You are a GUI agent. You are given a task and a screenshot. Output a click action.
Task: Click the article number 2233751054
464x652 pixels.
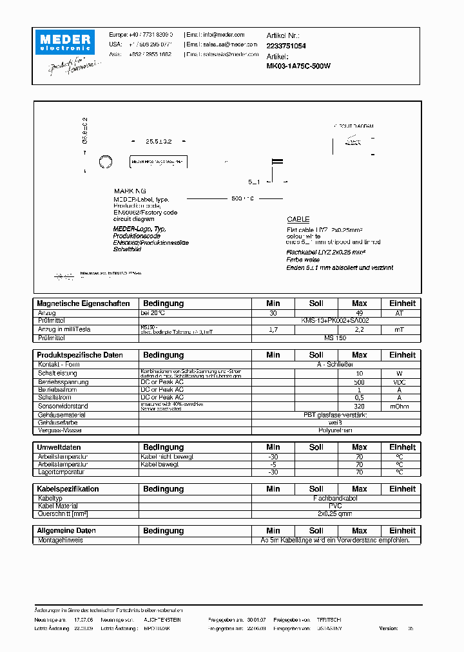286,46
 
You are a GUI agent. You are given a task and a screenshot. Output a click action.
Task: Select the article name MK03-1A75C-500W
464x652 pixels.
298,66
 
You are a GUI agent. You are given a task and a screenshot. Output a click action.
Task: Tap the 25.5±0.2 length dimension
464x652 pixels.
159,141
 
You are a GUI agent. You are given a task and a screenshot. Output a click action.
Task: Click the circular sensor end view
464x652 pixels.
104,162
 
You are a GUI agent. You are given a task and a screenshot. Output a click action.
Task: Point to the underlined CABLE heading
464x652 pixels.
298,220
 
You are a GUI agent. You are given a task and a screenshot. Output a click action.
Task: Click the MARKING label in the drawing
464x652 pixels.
130,191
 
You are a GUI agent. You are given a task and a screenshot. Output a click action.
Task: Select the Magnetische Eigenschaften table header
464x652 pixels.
83,303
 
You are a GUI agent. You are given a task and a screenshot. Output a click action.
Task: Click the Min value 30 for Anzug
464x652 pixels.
273,312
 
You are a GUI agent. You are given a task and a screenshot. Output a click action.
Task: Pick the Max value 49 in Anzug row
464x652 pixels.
359,312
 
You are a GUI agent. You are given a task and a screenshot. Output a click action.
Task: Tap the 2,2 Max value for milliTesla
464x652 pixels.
359,329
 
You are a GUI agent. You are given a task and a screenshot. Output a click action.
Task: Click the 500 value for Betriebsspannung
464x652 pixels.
359,381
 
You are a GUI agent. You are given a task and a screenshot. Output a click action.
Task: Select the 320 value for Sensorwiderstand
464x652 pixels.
359,406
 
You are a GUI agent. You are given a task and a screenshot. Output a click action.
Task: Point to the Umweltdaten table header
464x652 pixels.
59,447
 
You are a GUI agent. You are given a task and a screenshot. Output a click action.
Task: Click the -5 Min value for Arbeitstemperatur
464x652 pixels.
273,465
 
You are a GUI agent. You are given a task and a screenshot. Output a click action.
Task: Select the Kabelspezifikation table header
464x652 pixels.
68,489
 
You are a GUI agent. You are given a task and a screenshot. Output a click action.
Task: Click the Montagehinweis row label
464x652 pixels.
60,541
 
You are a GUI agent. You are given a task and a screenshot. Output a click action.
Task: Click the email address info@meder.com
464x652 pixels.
224,35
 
